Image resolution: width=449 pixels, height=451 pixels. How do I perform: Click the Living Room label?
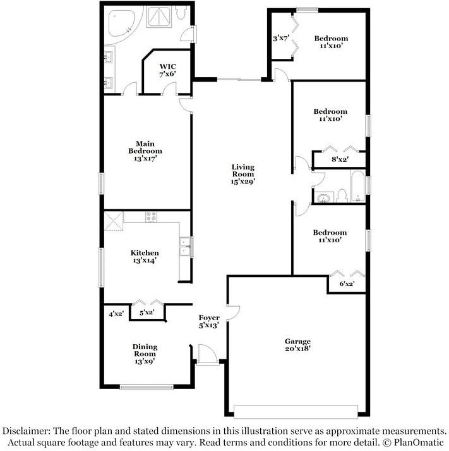[x=243, y=174]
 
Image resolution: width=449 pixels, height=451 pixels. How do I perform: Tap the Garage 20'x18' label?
[x=297, y=345]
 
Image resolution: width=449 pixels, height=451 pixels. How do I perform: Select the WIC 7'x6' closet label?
[x=167, y=70]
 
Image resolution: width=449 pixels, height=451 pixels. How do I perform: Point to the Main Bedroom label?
[x=145, y=151]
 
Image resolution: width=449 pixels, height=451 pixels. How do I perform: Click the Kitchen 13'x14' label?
[x=145, y=257]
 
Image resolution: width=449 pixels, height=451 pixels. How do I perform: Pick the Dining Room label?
[x=145, y=354]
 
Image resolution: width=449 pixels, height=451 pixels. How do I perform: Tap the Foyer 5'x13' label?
[x=209, y=321]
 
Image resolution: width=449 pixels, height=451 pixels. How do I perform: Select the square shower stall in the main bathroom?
[x=159, y=17]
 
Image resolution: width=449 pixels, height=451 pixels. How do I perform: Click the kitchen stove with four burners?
[x=152, y=216]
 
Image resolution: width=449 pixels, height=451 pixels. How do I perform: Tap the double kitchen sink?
[x=184, y=247]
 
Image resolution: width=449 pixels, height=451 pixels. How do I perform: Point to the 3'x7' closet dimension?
[x=281, y=38]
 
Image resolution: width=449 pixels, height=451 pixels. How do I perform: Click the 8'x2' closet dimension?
[x=340, y=159]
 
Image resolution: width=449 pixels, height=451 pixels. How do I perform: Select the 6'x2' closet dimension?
[x=347, y=284]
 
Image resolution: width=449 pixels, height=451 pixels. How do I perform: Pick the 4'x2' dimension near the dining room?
[x=116, y=314]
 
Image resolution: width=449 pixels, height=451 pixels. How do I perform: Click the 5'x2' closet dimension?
[x=147, y=312]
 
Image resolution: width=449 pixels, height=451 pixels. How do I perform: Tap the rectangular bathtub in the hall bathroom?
[x=357, y=187]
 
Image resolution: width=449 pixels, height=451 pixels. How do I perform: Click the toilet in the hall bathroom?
[x=342, y=195]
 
